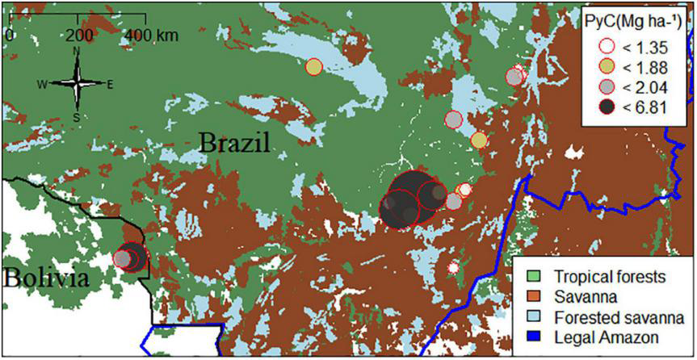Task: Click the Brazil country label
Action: (234, 146)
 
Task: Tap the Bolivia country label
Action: (44, 278)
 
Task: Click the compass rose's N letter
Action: (77, 51)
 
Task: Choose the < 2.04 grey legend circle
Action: (598, 86)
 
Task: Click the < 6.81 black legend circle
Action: (598, 108)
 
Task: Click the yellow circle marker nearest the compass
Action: (313, 66)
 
